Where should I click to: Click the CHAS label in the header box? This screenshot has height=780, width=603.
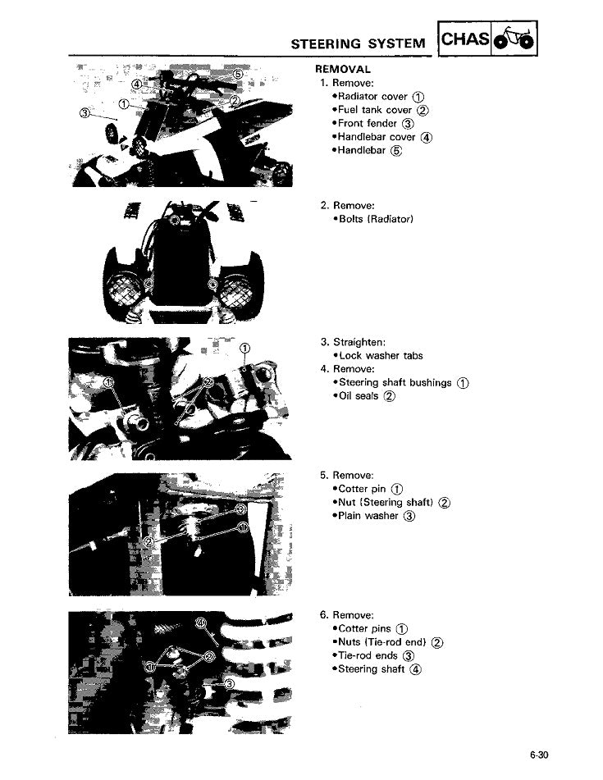464,39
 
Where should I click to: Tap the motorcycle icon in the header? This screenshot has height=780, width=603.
514,38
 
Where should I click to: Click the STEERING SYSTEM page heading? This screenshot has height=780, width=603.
358,43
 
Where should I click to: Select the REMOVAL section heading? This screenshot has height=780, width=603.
343,69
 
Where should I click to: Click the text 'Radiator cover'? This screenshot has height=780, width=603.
372,97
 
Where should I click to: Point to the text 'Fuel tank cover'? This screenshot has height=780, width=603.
375,110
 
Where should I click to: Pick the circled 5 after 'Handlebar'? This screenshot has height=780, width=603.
396,151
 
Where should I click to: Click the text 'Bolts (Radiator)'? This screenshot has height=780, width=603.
376,219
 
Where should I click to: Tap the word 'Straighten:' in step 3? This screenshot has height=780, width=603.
359,342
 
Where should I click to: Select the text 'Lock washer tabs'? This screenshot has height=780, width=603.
381,356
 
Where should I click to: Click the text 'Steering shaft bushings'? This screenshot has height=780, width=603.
395,382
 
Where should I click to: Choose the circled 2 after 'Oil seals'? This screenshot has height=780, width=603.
389,396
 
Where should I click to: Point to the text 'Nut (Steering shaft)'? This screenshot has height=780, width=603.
386,503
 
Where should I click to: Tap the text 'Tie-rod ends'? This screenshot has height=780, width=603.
368,655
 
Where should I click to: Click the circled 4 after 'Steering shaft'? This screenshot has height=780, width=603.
415,669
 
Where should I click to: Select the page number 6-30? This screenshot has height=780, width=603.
538,755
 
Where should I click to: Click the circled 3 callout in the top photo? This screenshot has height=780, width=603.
85,113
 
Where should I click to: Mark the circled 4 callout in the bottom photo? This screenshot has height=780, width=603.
200,623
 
